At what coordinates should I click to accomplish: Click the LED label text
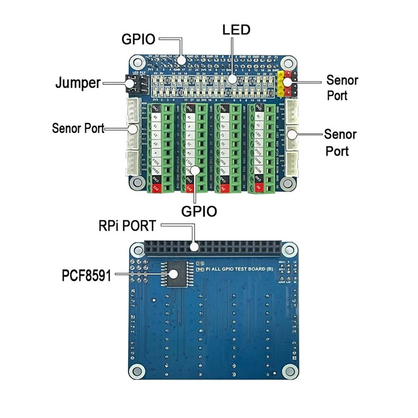pos(236,29)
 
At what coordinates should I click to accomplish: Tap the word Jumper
pos(78,83)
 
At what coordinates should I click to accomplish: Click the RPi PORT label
pos(127,226)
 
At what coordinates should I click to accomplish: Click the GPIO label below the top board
pos(199,211)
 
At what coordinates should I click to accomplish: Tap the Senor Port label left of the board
pos(78,128)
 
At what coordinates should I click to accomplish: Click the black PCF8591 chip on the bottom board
pos(175,272)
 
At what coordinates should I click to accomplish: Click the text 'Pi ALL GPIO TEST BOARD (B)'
pos(241,268)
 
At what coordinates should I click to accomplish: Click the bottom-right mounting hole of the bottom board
pos(288,371)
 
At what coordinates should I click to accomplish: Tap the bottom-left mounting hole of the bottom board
pos(137,371)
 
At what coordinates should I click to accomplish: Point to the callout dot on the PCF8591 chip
pos(175,273)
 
